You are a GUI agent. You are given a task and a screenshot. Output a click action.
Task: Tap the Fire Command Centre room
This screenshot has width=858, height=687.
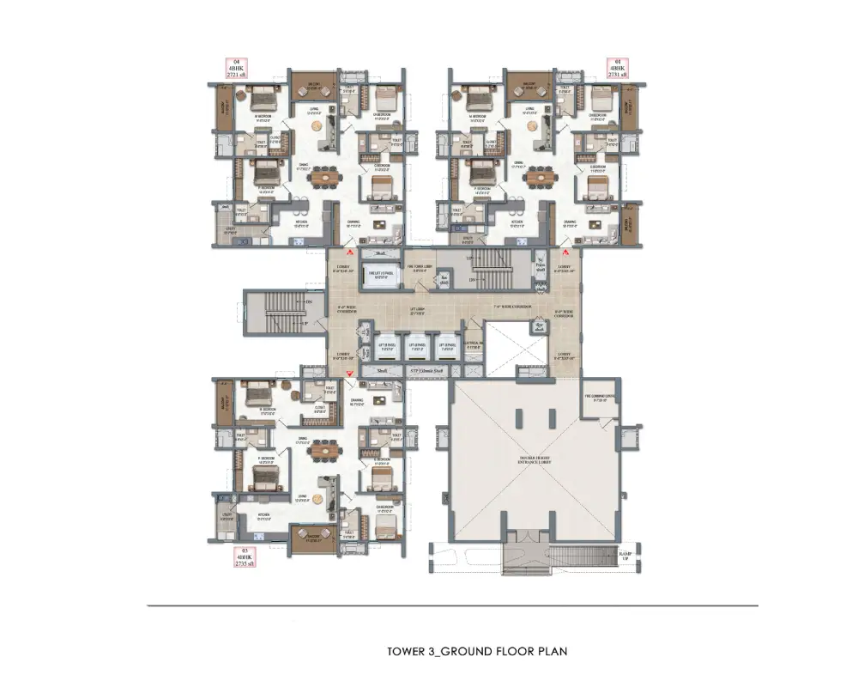click(x=600, y=398)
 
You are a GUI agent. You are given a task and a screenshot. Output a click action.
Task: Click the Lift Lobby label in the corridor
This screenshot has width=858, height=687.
click(x=396, y=312)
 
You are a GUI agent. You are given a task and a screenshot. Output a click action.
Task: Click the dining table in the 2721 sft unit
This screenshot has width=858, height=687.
click(x=323, y=176)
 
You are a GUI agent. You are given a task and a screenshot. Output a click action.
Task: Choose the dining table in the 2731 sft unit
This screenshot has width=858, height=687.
click(x=540, y=176)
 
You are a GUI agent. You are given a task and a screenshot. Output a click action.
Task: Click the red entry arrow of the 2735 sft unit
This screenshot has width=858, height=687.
click(x=349, y=372)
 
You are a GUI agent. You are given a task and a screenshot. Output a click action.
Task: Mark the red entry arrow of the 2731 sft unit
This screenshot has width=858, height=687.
click(x=565, y=254)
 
